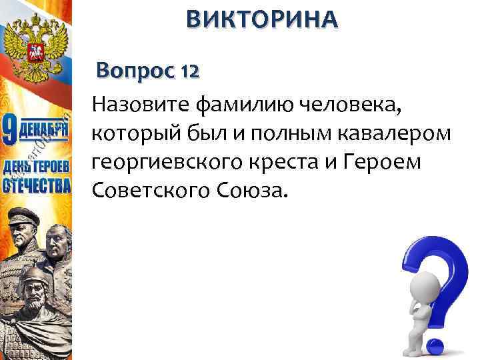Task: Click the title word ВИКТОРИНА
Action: coord(262,20)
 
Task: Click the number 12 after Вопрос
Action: coord(188,71)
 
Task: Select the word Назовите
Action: coord(142,105)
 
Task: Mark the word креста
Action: coord(299,163)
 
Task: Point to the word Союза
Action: coord(253,191)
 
